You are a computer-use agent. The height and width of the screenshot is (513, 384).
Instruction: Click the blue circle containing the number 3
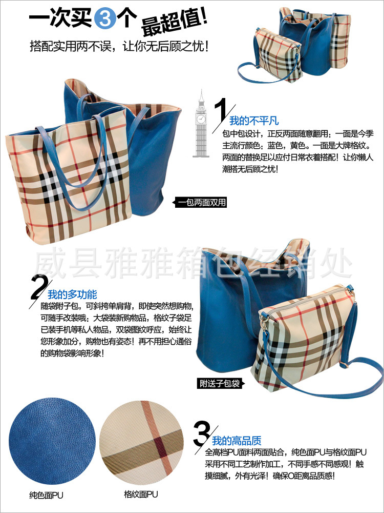pyautogui.click(x=105, y=18)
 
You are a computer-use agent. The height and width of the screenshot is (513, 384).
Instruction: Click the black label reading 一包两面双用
pyautogui.click(x=200, y=203)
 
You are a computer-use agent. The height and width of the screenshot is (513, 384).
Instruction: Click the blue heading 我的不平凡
pyautogui.click(x=254, y=121)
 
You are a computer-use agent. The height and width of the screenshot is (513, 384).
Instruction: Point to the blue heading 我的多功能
pyautogui.click(x=72, y=294)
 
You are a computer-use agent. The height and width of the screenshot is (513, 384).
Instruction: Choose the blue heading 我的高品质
pyautogui.click(x=237, y=441)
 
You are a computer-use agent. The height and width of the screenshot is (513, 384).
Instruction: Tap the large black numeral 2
pyautogui.click(x=40, y=287)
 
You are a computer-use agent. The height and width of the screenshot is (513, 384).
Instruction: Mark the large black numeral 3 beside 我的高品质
pyautogui.click(x=201, y=433)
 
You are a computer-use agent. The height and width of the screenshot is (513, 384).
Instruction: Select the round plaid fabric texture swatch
pyautogui.click(x=142, y=442)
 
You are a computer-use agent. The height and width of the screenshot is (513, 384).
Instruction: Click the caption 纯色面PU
pyautogui.click(x=46, y=496)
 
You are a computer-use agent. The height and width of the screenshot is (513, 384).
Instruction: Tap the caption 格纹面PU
pyautogui.click(x=141, y=494)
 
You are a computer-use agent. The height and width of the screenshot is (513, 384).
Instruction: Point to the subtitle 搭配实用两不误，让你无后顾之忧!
pyautogui.click(x=119, y=46)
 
